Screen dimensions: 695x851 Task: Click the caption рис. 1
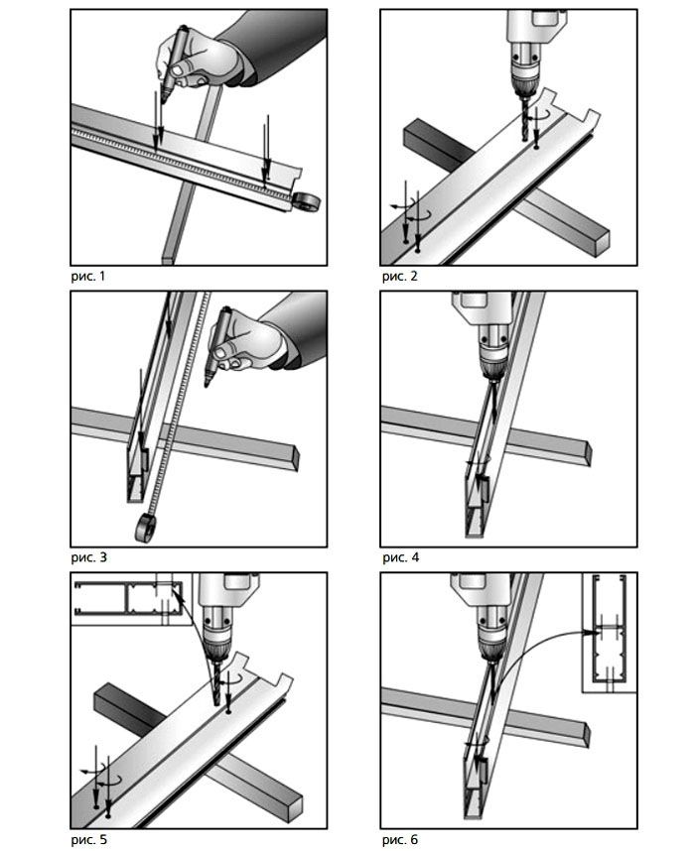(88, 277)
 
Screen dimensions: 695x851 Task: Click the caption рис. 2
(400, 277)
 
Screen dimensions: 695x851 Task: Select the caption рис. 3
(89, 557)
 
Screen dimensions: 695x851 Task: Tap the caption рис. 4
(401, 557)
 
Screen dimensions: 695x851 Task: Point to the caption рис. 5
(89, 840)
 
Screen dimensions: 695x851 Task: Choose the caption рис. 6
(400, 840)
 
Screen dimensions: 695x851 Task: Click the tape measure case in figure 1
(307, 202)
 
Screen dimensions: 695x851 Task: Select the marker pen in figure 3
(216, 346)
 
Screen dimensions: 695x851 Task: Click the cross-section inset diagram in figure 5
(131, 599)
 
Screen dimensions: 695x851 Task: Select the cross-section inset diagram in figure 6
(610, 633)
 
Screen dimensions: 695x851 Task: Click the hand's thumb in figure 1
(178, 68)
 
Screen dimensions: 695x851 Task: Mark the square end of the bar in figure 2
(603, 244)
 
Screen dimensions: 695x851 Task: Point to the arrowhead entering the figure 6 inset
(589, 632)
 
